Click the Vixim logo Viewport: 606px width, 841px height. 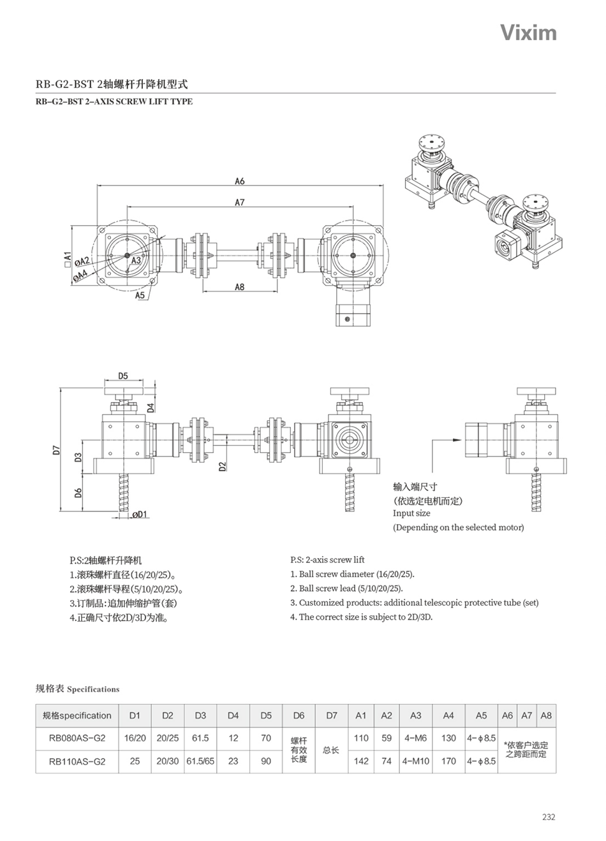coord(528,33)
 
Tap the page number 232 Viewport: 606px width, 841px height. coord(548,817)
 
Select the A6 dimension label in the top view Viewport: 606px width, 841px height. coord(239,181)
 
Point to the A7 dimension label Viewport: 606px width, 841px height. coord(240,202)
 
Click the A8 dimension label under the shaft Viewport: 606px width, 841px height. coord(239,287)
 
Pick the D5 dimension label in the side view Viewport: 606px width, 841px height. coord(124,376)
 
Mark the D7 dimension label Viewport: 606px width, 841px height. coord(57,449)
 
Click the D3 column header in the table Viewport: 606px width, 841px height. coord(200,715)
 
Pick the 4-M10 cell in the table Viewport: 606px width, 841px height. coord(416,761)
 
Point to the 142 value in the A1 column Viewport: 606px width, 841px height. coord(361,761)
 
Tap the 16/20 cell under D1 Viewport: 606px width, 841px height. coord(135,738)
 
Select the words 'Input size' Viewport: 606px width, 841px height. coord(411,513)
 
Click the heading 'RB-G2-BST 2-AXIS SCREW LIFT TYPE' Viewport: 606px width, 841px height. coord(114,101)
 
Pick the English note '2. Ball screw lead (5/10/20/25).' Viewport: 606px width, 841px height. coord(346,589)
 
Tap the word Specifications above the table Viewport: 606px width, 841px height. coord(93,689)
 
